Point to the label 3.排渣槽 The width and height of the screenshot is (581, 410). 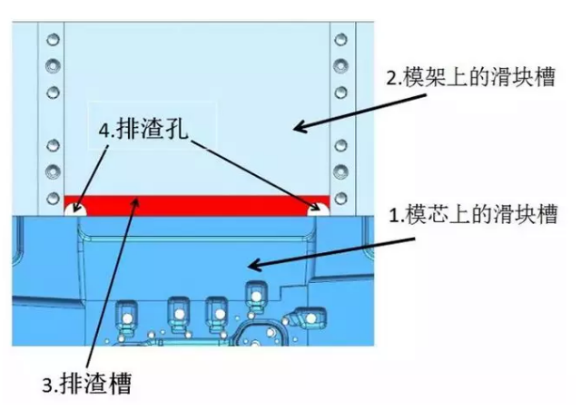[x=89, y=384]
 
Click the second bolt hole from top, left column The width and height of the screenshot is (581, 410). [x=54, y=65]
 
